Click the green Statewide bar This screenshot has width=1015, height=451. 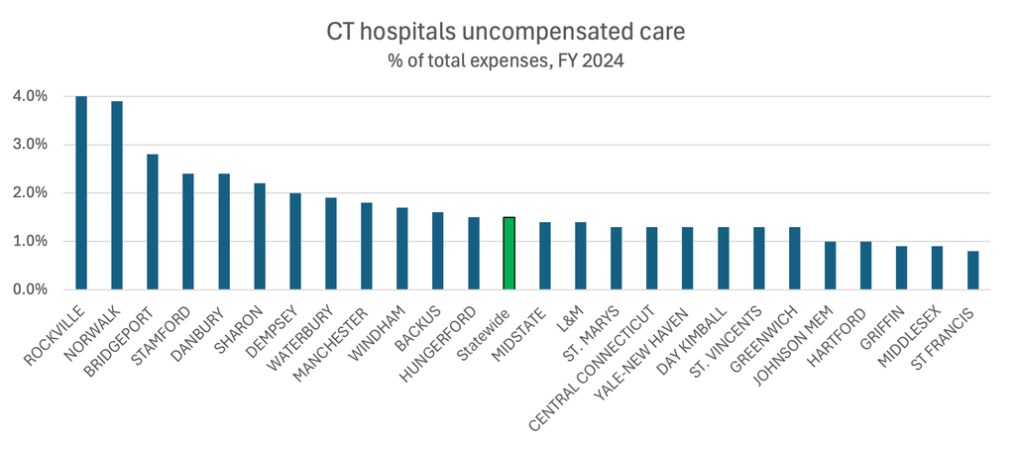coord(508,253)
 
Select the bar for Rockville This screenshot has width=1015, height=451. coord(81,193)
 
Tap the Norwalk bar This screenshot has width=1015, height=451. coord(117,195)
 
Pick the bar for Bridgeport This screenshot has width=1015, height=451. coord(152,222)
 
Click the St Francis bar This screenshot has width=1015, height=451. coord(973,271)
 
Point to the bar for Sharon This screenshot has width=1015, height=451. coord(260,236)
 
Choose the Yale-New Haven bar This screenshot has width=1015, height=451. coord(688,258)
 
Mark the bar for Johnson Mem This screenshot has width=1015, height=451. coord(830,266)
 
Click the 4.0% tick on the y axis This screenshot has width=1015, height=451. coord(30,96)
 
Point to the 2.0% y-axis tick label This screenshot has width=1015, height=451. coord(30,193)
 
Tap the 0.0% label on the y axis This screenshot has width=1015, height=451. coord(30,289)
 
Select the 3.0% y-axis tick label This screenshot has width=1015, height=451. coord(30,145)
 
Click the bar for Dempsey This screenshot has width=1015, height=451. coord(295,241)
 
